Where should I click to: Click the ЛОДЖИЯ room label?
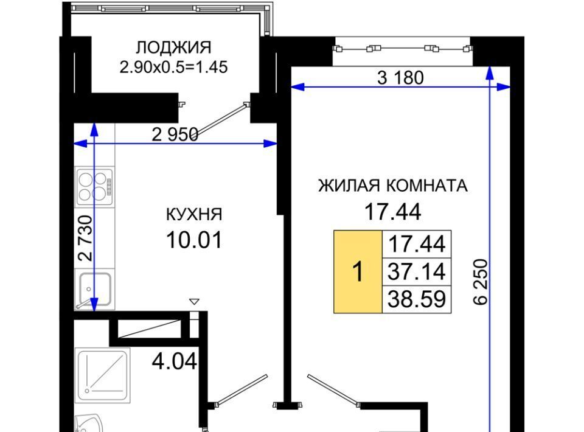173,47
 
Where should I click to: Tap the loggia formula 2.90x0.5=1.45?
173,68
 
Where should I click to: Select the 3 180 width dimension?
400,78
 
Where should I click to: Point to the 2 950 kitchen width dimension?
175,134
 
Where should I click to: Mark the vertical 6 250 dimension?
481,282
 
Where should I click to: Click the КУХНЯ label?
194,214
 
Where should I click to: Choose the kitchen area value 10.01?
194,240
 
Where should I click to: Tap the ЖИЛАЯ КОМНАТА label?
393,186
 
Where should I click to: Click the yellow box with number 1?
358,271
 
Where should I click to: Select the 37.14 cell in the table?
417,271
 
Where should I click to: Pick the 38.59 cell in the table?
417,299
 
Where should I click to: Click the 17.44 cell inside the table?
417,245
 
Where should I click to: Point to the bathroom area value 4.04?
175,361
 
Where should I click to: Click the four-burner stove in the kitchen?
95,187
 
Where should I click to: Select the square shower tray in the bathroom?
103,375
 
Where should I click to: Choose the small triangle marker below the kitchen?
195,301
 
